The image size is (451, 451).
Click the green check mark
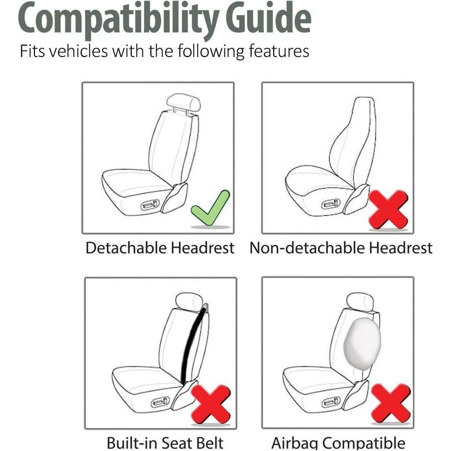coord(210,208)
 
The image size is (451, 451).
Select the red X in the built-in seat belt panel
coord(211,404)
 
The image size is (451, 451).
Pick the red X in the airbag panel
coord(391,403)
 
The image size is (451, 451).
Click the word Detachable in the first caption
coord(126,248)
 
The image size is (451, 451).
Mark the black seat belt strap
coord(193,344)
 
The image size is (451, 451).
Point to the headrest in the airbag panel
coord(360,301)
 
